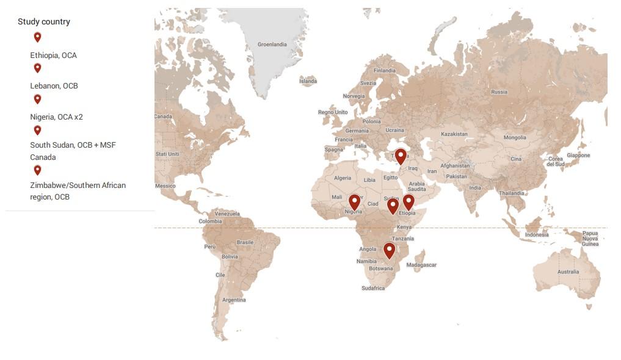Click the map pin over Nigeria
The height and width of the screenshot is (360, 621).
coord(354,201)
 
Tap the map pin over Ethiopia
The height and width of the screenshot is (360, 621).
coord(409,201)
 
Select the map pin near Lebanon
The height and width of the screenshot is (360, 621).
coord(401,156)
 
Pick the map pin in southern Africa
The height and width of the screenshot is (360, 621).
coord(389,250)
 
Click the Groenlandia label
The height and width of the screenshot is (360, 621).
coord(272,45)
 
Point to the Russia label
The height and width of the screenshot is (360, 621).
coord(499,92)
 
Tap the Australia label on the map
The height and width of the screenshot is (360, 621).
coord(568,272)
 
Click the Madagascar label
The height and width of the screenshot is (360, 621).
coord(421,265)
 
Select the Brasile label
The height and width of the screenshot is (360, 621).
coord(245,242)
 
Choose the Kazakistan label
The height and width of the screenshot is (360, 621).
coord(454,134)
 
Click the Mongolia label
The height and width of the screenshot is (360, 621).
coord(515,138)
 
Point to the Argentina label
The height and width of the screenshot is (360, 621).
coord(234,300)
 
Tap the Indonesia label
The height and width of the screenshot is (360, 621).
coord(537,235)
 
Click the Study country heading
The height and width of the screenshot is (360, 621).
coord(44,21)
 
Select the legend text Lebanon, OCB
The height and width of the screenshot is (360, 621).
coord(54,85)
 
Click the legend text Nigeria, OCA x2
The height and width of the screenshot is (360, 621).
coord(56,117)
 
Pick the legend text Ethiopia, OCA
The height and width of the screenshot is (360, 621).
coord(54,55)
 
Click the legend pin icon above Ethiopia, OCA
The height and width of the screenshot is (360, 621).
coord(37,37)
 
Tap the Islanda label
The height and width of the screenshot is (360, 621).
coord(308,81)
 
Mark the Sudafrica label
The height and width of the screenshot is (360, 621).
coord(373,288)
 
